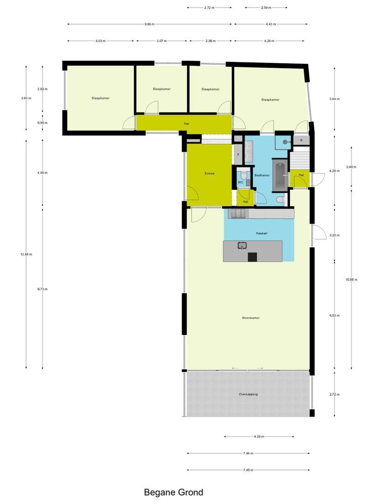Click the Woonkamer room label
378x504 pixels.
(x=251, y=318)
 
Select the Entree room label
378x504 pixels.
(x=210, y=174)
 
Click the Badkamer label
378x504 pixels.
(x=262, y=175)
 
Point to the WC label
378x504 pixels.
(x=241, y=182)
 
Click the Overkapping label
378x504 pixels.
(x=248, y=394)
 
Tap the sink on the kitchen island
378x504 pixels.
(x=242, y=245)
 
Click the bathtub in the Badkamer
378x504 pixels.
(x=280, y=176)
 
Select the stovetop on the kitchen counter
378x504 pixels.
(x=238, y=214)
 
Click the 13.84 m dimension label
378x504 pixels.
(x=26, y=254)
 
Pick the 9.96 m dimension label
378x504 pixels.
(x=149, y=24)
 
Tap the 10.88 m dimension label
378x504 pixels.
(x=351, y=280)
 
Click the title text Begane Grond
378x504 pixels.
(x=173, y=492)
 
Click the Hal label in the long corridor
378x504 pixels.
(x=186, y=124)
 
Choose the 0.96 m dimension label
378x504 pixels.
(x=43, y=123)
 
